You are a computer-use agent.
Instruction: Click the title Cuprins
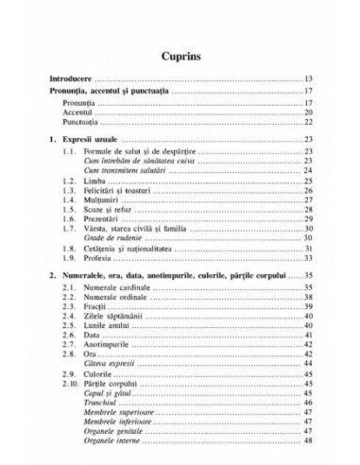[180, 55]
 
